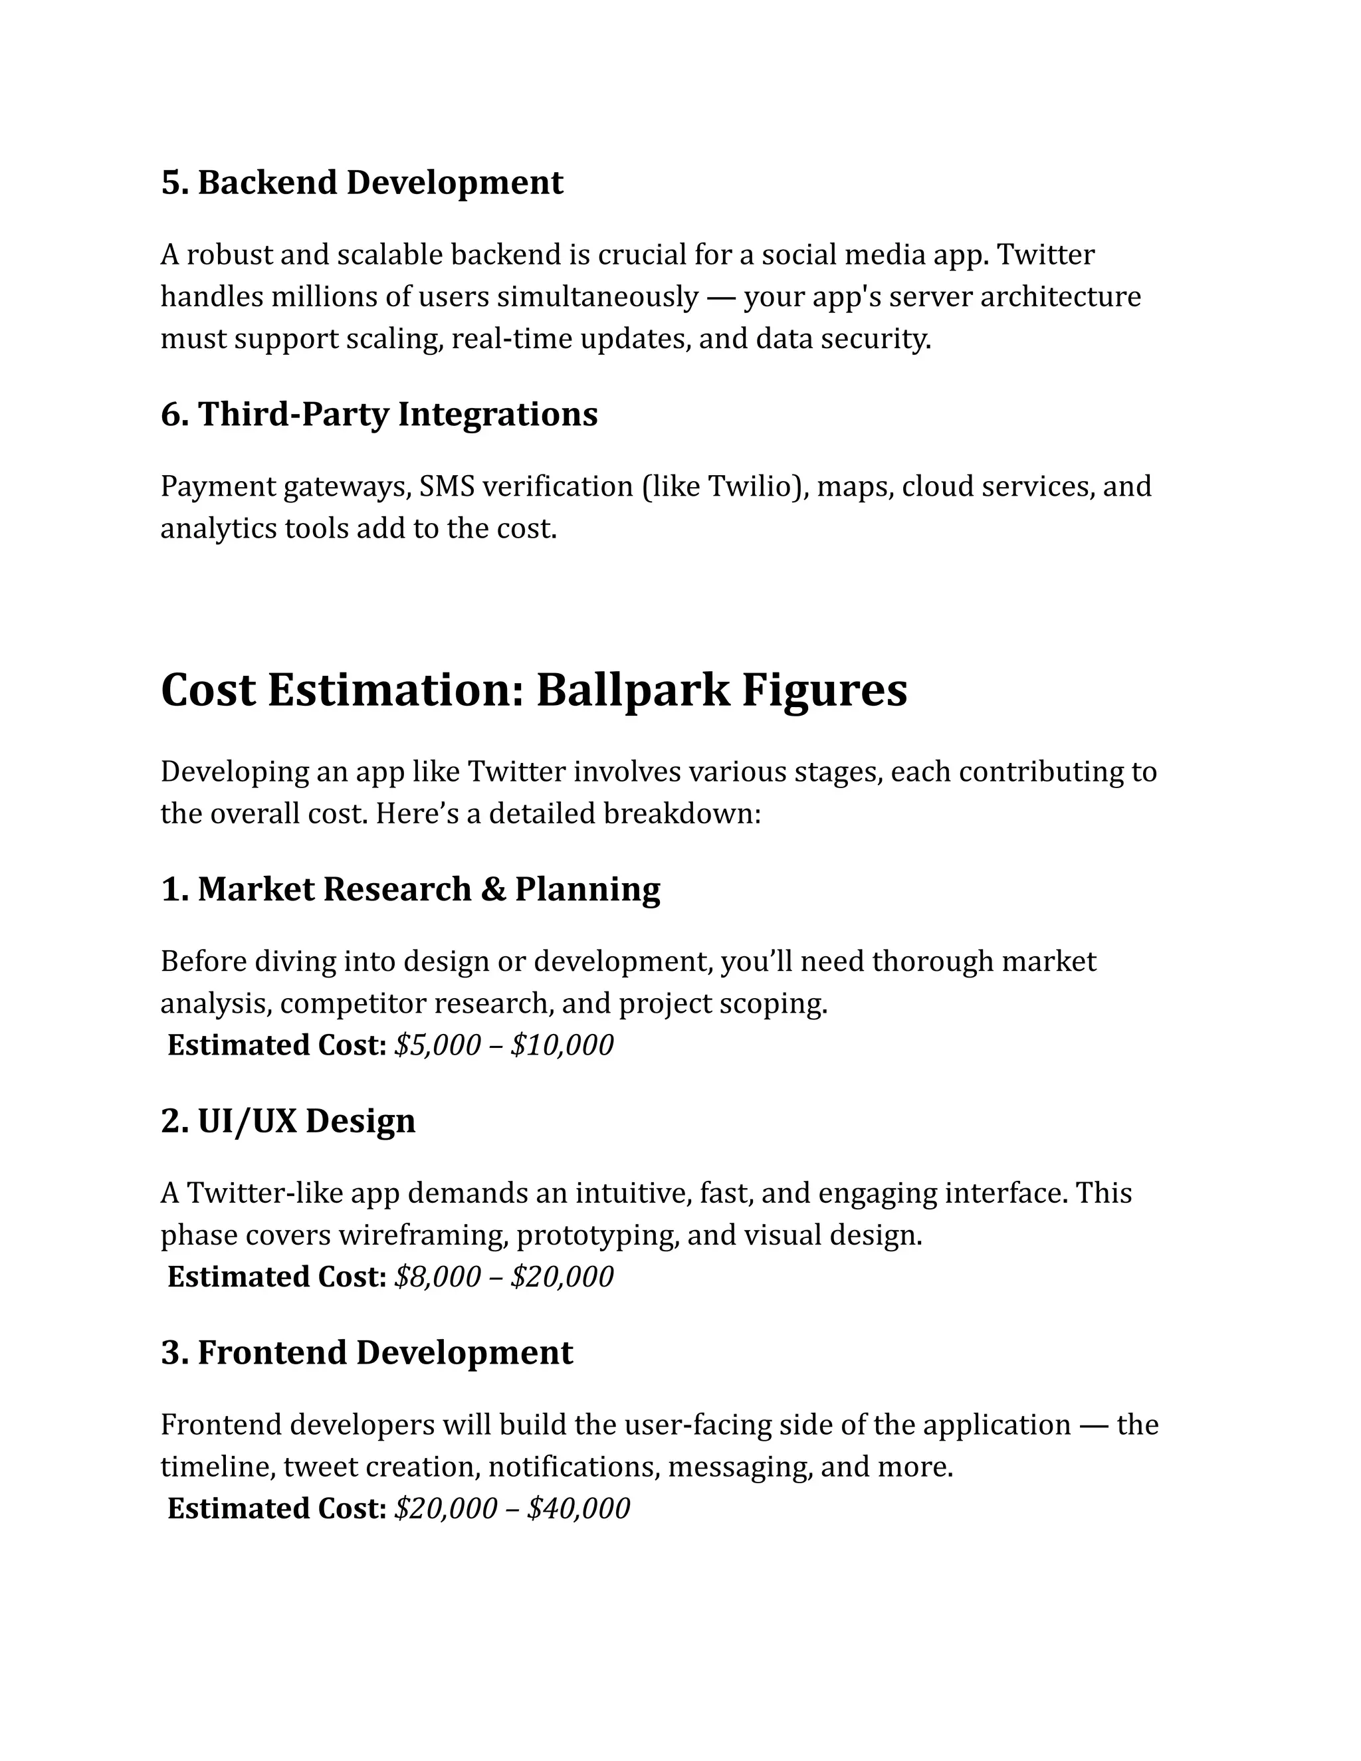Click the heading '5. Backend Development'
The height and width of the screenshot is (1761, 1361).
362,182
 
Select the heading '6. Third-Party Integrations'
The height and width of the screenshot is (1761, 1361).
379,415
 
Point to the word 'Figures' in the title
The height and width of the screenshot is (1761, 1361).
824,690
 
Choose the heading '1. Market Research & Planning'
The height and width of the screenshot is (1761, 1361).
411,889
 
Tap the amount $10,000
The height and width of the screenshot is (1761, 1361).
562,1045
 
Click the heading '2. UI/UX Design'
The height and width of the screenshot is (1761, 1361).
288,1122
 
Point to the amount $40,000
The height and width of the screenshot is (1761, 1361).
578,1508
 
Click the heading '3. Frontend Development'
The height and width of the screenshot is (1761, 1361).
367,1353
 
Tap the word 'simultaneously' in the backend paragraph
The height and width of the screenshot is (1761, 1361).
597,298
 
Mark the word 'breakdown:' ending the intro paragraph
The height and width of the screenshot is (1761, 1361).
681,813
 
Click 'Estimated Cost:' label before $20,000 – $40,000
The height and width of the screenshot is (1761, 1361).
276,1508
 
